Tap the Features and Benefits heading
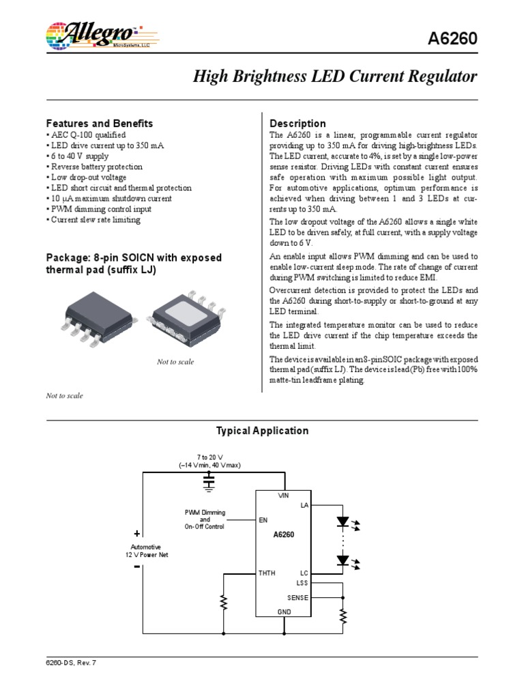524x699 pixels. (x=99, y=124)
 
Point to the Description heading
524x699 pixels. (x=297, y=124)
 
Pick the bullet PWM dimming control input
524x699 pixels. (x=98, y=209)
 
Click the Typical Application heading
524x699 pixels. (x=262, y=431)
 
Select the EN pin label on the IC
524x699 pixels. (x=263, y=520)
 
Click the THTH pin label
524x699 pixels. (x=267, y=573)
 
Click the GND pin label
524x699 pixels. (x=284, y=612)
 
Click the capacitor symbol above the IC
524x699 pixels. (x=209, y=483)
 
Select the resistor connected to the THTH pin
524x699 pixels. (x=222, y=602)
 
